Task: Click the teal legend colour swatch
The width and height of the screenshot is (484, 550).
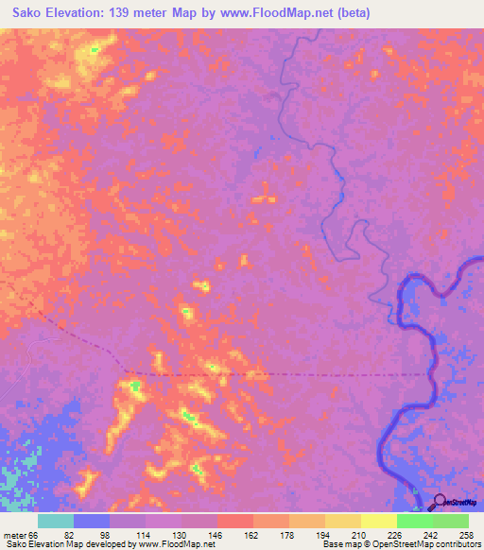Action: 56,521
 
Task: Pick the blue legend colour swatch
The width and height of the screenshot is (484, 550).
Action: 92,521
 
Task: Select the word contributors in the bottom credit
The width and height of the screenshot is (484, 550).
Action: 453,544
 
